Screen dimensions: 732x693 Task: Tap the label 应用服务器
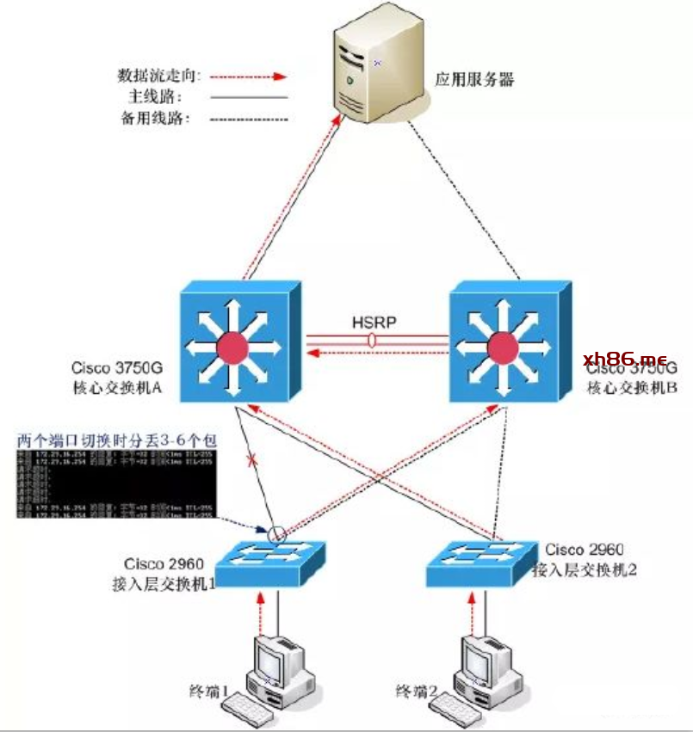474,80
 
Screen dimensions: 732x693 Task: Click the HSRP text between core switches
374,323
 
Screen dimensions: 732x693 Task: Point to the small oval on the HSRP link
372,341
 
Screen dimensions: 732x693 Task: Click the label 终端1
210,690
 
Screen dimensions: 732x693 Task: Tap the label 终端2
416,690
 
